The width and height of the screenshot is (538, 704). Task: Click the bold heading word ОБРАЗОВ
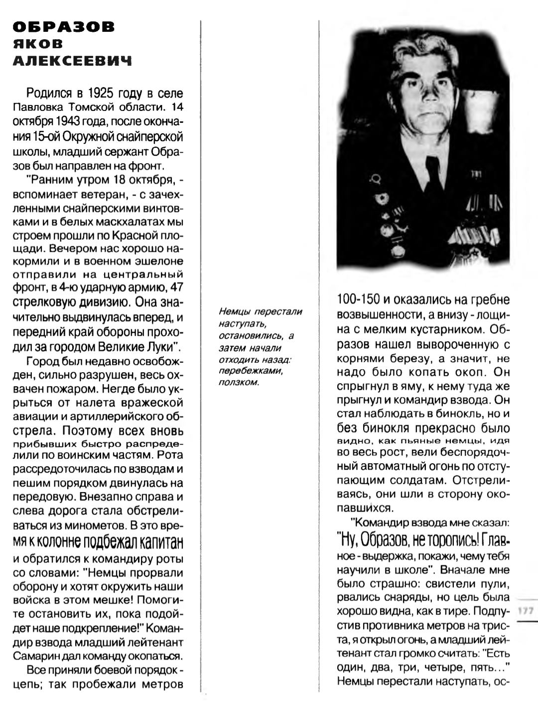click(63, 26)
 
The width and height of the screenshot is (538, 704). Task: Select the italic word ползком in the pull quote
click(239, 383)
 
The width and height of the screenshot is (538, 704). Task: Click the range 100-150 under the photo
click(358, 300)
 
